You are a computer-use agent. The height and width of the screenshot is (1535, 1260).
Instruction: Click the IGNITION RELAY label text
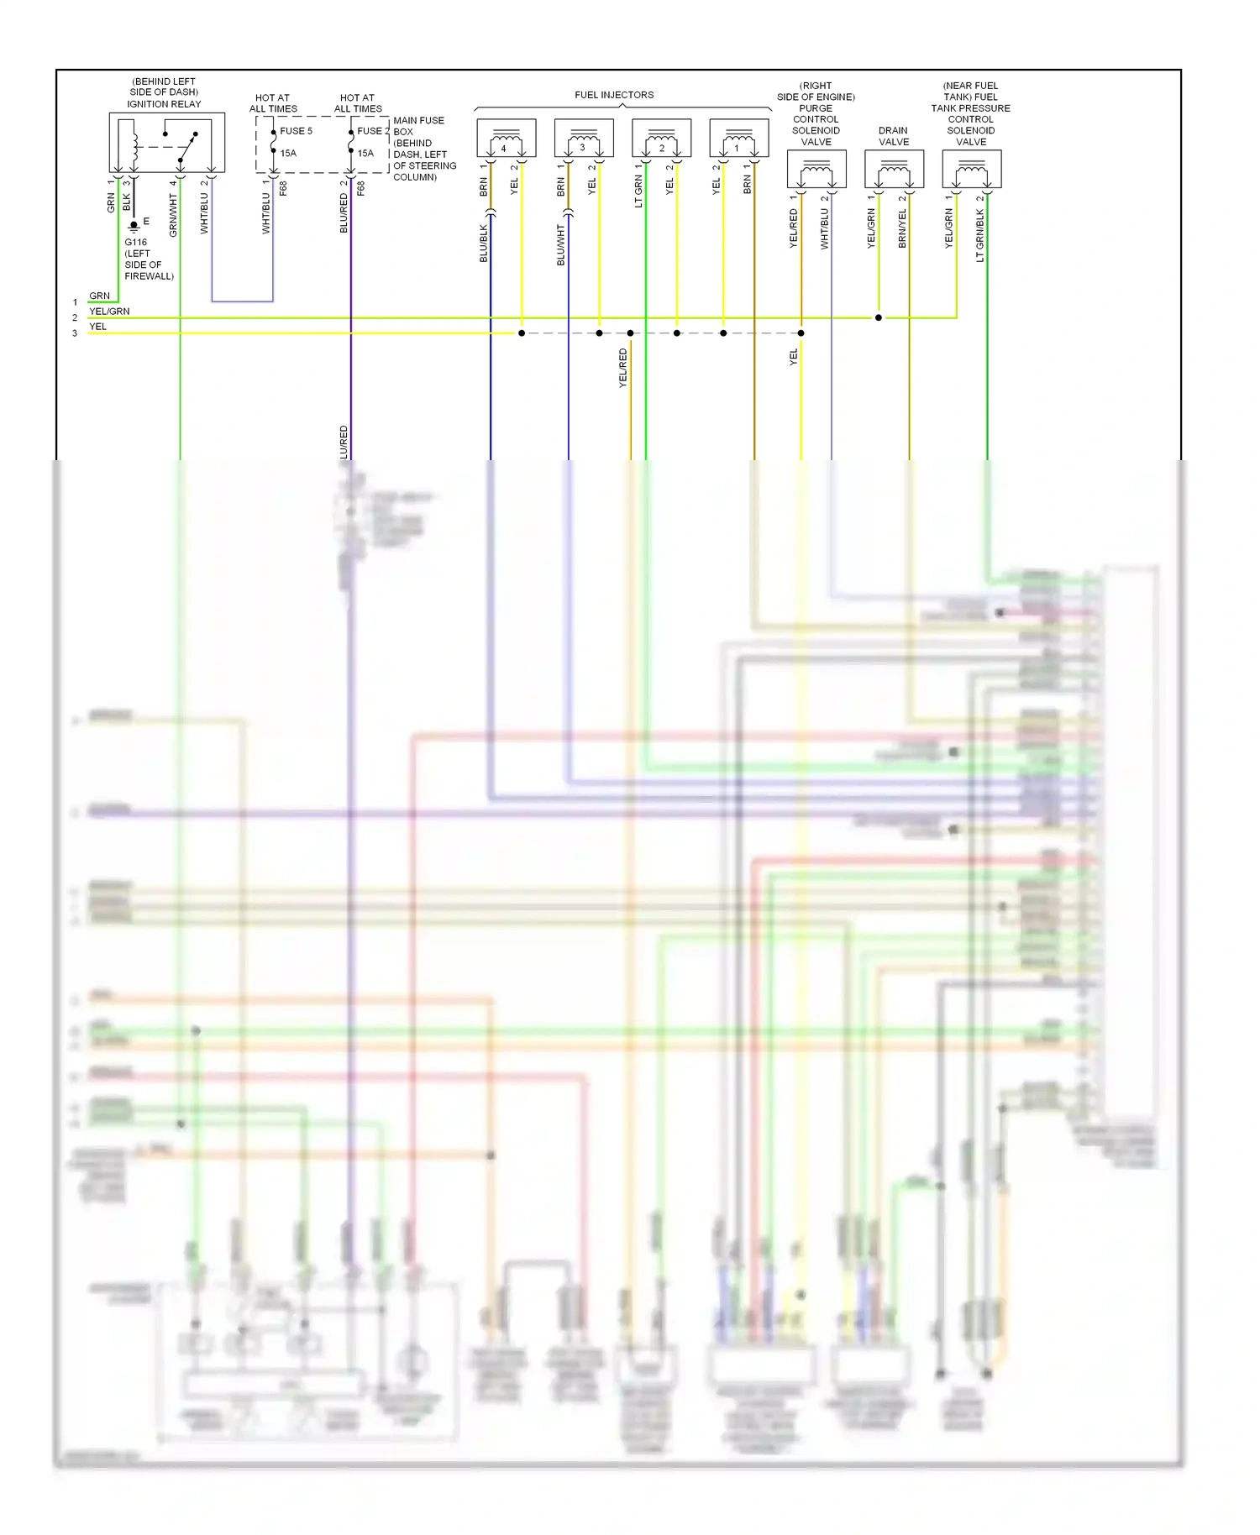(164, 104)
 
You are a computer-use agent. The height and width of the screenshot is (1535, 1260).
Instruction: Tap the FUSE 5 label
(296, 131)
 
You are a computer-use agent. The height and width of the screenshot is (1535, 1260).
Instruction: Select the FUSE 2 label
(373, 131)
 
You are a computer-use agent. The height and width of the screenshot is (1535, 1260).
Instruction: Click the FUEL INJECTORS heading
(614, 95)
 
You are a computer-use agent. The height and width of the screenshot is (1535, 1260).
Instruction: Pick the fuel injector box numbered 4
(507, 139)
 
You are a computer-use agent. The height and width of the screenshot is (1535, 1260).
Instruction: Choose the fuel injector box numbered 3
(584, 139)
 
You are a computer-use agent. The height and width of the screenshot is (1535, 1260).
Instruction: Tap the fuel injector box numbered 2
(661, 139)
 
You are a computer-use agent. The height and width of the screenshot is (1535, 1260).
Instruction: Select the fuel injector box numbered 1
(739, 139)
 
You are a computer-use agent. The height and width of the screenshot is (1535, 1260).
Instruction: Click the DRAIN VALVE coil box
(894, 170)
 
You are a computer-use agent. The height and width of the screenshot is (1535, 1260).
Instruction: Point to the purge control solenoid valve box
(816, 170)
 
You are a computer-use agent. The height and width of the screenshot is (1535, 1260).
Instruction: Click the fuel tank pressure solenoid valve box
(972, 170)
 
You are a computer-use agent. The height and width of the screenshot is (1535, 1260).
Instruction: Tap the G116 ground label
(136, 242)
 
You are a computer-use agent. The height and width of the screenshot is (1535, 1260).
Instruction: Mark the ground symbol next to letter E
(134, 226)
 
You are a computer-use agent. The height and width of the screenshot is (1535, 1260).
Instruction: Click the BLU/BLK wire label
(484, 244)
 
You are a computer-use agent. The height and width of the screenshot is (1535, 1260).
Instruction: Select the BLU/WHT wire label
(561, 244)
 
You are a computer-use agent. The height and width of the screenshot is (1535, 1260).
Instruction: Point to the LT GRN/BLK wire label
(979, 235)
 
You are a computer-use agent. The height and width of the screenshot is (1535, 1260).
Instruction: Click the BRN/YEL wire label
(902, 228)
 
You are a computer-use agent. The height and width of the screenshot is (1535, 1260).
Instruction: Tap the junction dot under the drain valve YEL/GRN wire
(879, 317)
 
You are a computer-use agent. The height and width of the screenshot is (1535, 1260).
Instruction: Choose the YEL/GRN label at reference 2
(109, 312)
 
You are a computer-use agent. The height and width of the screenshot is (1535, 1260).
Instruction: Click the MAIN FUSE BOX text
(418, 126)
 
